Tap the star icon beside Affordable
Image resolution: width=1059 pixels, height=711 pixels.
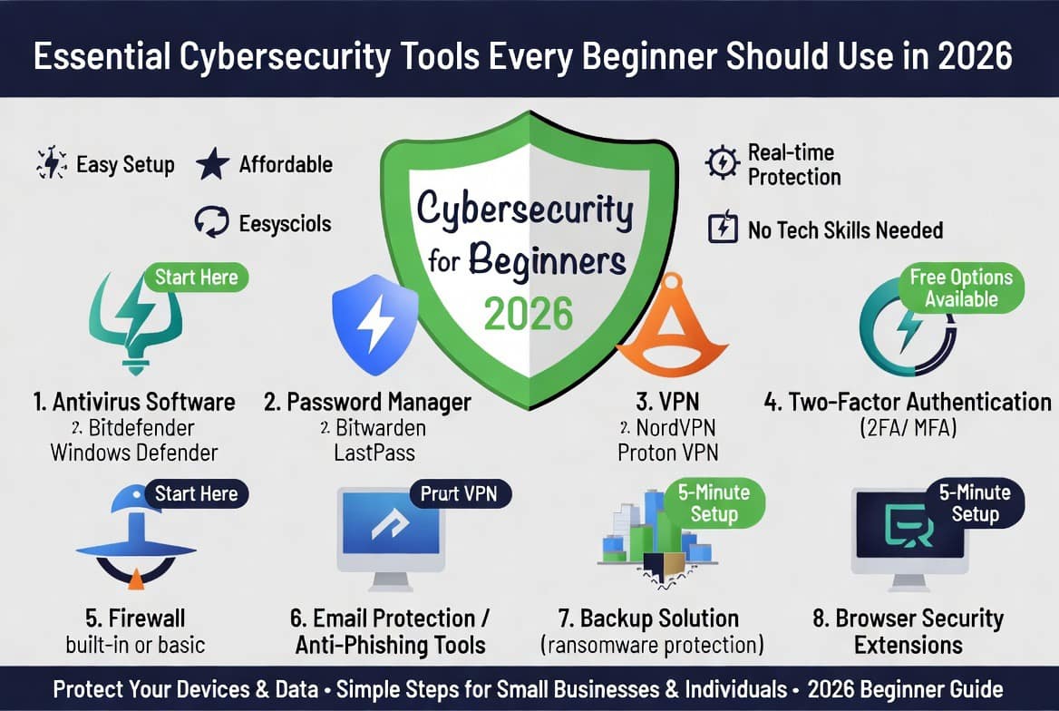pyautogui.click(x=213, y=164)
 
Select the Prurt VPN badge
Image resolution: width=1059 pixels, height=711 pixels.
pyautogui.click(x=460, y=494)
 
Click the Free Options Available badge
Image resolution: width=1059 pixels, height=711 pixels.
pyautogui.click(x=961, y=287)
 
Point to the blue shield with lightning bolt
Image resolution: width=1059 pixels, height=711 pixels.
pyautogui.click(x=374, y=325)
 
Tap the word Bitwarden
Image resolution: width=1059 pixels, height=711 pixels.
pyautogui.click(x=380, y=428)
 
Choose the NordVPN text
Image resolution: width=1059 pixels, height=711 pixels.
pyautogui.click(x=675, y=428)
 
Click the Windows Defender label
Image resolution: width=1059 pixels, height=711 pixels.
pyautogui.click(x=134, y=453)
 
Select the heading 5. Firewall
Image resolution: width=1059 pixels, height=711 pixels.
pyautogui.click(x=135, y=618)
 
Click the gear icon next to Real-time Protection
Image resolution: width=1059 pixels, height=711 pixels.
pyautogui.click(x=722, y=162)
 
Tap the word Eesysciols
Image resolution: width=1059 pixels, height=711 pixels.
pyautogui.click(x=285, y=224)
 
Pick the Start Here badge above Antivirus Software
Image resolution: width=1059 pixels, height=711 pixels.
pyautogui.click(x=197, y=278)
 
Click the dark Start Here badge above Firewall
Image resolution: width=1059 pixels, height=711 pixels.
pyautogui.click(x=197, y=494)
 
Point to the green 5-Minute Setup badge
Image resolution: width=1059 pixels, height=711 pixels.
pyautogui.click(x=714, y=503)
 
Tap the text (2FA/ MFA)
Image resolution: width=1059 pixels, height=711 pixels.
pyautogui.click(x=908, y=428)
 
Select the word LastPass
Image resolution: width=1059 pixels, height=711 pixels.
pyautogui.click(x=374, y=453)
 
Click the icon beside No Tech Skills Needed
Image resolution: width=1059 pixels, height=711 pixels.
pyautogui.click(x=723, y=227)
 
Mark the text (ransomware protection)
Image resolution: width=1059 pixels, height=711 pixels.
pyautogui.click(x=652, y=645)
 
